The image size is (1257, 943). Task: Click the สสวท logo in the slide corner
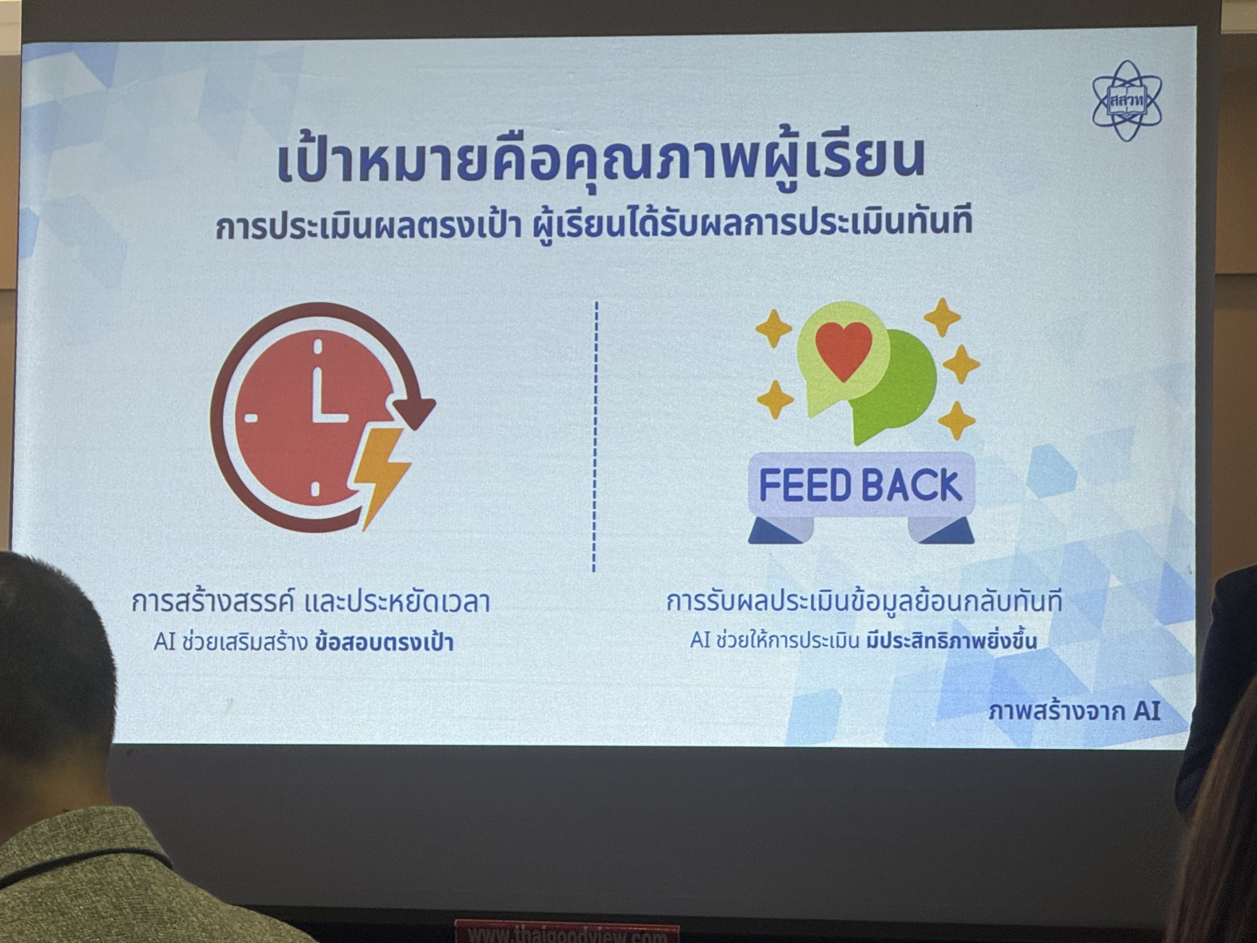coord(1127,101)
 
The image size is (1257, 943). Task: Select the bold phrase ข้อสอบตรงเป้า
coord(384,642)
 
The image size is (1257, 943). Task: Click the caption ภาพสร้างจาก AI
coord(1074,711)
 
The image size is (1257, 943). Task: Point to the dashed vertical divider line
coord(595,437)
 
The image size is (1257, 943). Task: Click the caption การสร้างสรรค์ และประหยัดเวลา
coord(310,603)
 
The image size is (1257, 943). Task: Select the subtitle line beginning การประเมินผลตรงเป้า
coord(594,224)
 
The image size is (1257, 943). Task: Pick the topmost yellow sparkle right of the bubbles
coord(942,317)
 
